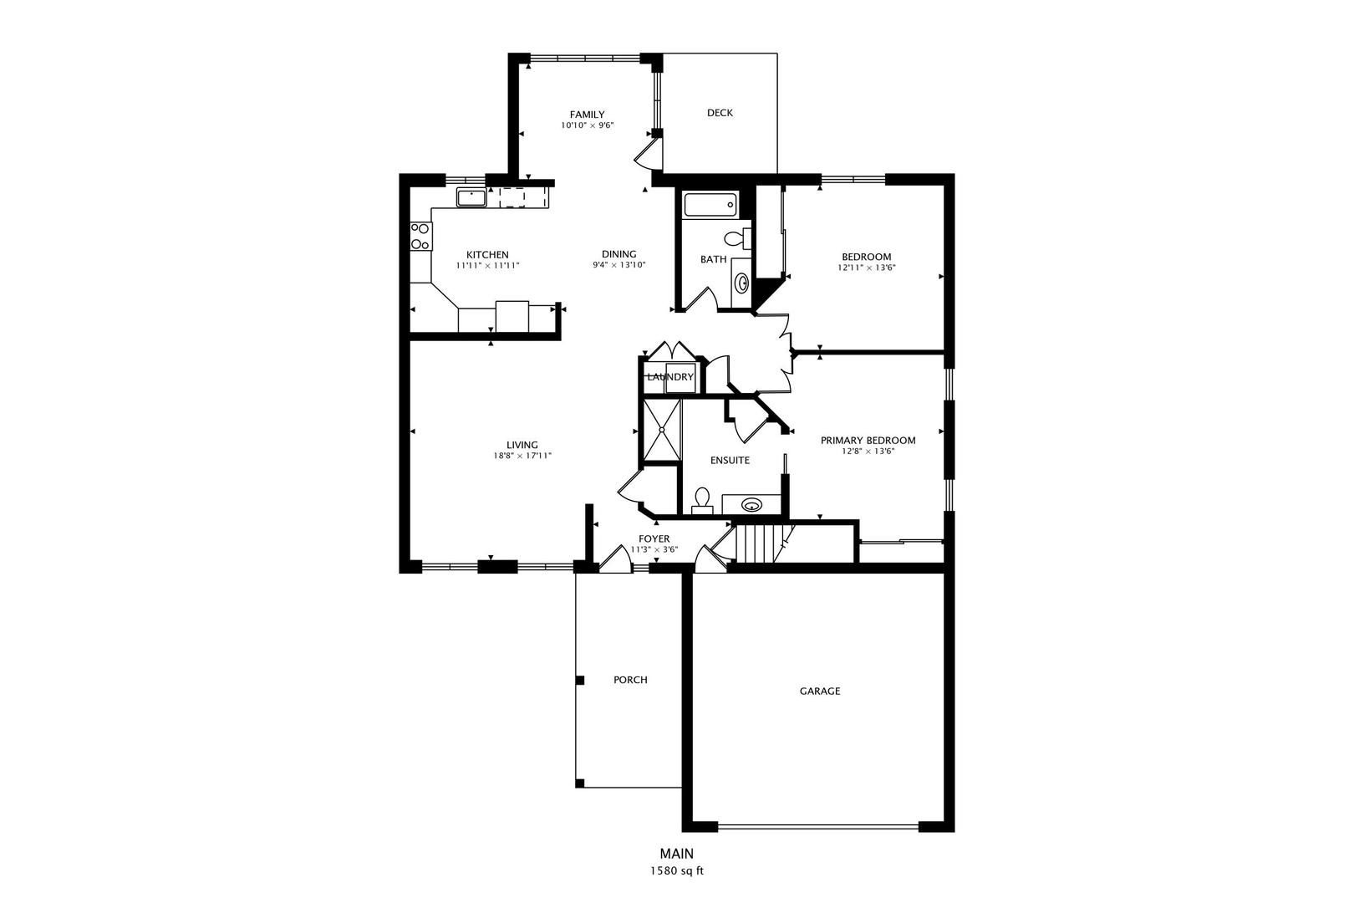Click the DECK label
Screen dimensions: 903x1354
pos(720,113)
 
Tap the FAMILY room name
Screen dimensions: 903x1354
pos(587,115)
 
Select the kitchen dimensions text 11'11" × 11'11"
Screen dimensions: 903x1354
pos(488,266)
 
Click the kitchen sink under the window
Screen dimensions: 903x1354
pos(471,198)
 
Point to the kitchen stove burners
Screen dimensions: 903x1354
pos(420,236)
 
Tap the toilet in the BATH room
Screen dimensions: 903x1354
pos(736,237)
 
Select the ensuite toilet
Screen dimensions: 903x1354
pos(701,500)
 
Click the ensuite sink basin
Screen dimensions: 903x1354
pos(751,505)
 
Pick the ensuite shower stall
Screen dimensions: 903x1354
pos(661,430)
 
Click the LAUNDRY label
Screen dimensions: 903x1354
pos(670,377)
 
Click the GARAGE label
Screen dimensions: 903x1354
pos(820,691)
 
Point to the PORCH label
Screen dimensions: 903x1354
pos(630,680)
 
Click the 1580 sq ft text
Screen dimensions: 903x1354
pos(677,871)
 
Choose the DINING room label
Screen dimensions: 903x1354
pos(619,254)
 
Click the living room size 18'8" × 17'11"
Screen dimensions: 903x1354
pos(522,456)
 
